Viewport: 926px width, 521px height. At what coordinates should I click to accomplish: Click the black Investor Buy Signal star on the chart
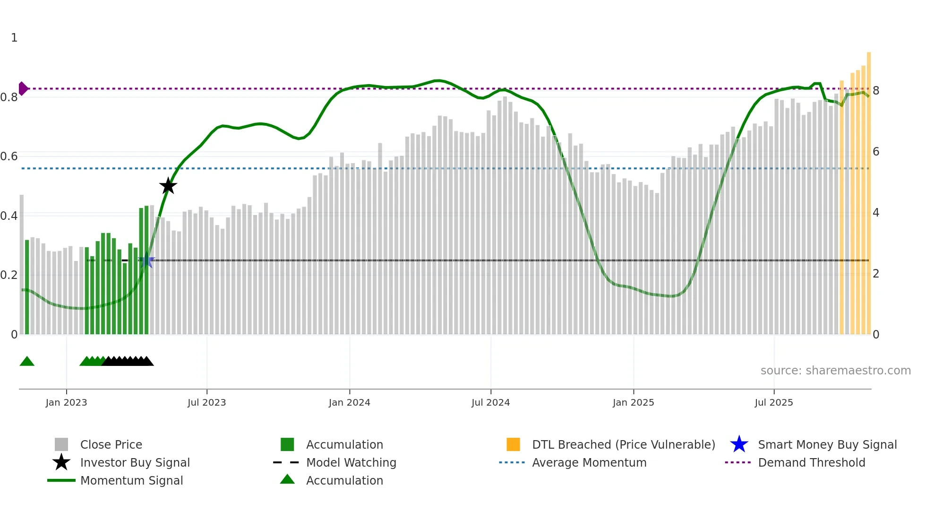point(168,186)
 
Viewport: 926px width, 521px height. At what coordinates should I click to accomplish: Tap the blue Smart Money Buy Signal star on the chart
point(146,260)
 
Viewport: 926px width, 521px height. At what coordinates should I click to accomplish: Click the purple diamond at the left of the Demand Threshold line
point(23,88)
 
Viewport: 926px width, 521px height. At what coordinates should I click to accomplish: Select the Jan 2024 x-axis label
point(349,402)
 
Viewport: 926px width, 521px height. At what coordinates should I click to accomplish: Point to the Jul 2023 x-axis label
point(206,402)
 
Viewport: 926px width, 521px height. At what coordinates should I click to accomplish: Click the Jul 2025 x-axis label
point(773,402)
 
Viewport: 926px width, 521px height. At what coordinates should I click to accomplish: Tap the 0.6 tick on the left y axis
point(9,156)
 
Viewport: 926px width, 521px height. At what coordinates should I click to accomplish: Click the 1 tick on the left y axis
point(14,38)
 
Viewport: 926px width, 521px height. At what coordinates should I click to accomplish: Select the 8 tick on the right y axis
point(876,91)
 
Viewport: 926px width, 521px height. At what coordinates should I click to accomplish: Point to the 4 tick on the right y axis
point(876,213)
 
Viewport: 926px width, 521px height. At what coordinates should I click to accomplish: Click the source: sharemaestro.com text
point(835,371)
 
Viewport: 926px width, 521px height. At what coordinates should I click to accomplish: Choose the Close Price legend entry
point(111,444)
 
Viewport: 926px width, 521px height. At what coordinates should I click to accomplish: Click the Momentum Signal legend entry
point(131,480)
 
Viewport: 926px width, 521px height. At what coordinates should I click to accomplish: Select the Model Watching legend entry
point(351,462)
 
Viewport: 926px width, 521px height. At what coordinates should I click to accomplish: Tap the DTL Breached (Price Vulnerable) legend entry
point(623,444)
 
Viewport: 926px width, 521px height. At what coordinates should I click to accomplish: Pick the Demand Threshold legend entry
point(811,462)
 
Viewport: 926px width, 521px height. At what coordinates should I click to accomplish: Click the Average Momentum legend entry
point(589,462)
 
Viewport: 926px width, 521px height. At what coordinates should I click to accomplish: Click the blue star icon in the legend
point(739,444)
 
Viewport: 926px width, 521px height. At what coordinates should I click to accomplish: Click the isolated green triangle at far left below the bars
point(27,362)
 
